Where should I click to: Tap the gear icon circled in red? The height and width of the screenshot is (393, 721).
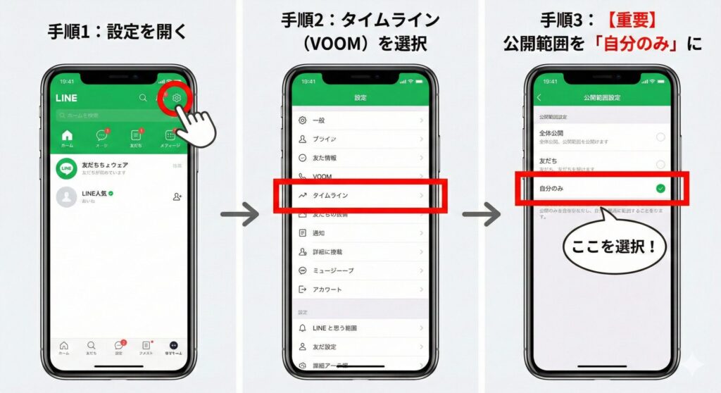pos(177,98)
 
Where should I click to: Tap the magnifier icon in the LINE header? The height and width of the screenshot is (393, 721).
pos(143,98)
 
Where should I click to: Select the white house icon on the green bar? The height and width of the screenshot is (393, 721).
pos(68,135)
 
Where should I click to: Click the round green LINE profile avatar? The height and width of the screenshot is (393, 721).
pos(67,168)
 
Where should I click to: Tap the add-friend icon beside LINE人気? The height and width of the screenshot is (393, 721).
pos(177,196)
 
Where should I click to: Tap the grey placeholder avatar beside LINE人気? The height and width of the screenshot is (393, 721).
pos(67,196)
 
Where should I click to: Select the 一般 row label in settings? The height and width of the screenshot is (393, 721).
pos(318,120)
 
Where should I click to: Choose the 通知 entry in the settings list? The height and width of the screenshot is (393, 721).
pos(318,232)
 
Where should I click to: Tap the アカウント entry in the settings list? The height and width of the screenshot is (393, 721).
pos(327,289)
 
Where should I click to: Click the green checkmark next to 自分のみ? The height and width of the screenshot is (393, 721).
pos(660,188)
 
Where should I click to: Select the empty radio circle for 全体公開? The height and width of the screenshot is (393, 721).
pos(660,137)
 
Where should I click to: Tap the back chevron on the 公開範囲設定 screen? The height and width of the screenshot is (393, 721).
pos(539,98)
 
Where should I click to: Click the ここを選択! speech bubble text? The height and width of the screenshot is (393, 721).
pos(613,248)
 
